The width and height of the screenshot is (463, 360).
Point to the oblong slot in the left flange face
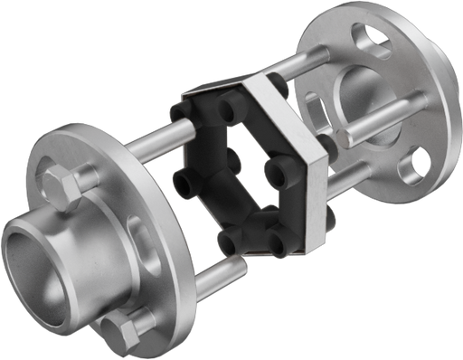pos(136,232)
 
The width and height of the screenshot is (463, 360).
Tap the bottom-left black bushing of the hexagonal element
pos(231,242)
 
